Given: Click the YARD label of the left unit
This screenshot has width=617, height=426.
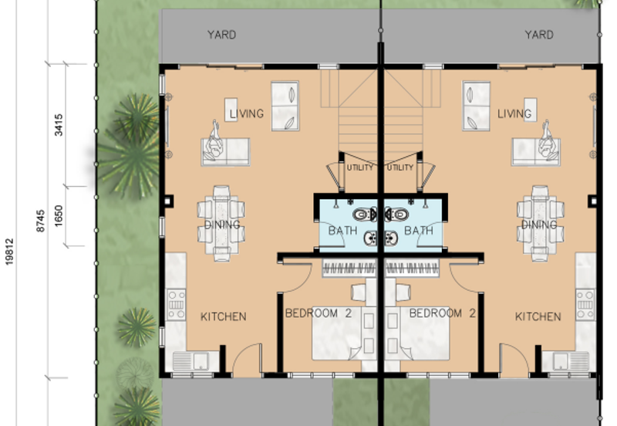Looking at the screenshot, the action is pos(221,35).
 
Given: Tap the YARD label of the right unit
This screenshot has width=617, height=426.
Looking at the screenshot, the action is pos(539,35).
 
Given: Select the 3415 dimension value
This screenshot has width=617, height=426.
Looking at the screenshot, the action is pos(59,125).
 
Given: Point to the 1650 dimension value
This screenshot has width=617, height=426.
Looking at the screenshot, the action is pos(59,216).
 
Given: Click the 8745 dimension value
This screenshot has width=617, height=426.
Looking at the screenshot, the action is pos(41,221).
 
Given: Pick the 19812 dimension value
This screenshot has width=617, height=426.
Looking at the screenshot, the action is pos(9,252).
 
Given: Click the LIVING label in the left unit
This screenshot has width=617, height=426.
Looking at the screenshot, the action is pos(247,113).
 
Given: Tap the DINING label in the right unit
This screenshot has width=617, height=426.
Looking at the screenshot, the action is pos(539,225).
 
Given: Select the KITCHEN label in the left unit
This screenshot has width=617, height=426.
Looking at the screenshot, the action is pos(224,316).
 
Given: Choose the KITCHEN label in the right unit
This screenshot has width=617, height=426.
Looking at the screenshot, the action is pos(538,316).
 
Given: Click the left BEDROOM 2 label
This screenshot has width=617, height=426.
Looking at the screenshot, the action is pos(319,313).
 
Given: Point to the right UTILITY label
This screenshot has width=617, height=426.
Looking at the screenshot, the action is pos(400,167).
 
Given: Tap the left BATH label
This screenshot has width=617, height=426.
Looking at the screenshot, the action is pos(342,230).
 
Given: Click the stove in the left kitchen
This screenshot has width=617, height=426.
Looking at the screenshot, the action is pos(176,304).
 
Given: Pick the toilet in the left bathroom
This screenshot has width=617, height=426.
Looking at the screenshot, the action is pos(364,215).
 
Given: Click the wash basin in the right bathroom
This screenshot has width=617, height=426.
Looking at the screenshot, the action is pos(391,238).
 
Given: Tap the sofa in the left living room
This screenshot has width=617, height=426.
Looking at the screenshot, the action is pos(225,151).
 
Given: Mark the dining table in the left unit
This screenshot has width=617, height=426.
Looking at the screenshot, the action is pos(221,223).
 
